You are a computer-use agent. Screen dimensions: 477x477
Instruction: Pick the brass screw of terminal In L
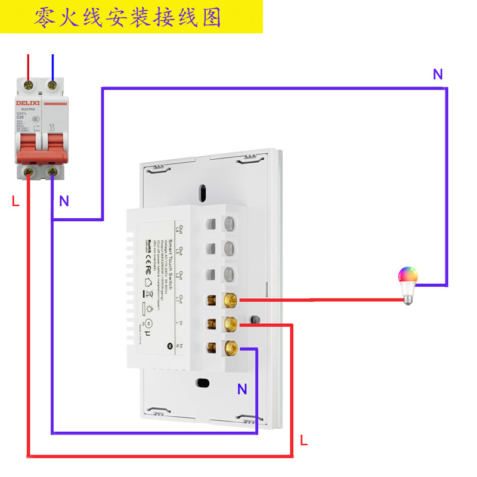tap(230, 324)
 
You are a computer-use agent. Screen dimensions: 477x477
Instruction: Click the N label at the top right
tap(438, 75)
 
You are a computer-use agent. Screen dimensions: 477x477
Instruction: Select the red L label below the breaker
tap(16, 202)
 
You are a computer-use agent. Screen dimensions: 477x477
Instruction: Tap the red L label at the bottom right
tap(303, 441)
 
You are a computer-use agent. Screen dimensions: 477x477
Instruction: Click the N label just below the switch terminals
tap(242, 390)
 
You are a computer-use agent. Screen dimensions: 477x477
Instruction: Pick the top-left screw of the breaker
tap(28, 85)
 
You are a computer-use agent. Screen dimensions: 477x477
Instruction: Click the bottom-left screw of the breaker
tap(28, 172)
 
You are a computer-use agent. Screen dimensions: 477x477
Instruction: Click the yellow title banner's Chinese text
tap(128, 17)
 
